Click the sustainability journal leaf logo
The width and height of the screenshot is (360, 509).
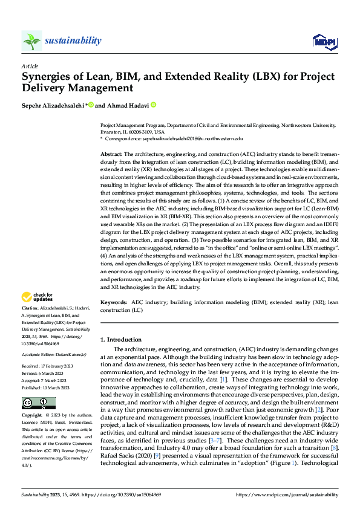[31, 41]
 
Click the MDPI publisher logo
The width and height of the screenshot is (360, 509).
[323, 41]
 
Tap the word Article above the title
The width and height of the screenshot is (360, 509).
[29, 66]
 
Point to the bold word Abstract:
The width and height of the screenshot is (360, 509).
[111, 155]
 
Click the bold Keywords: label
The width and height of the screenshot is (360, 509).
[114, 301]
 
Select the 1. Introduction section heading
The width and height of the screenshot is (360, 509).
[121, 340]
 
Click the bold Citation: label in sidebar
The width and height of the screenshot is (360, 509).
[30, 308]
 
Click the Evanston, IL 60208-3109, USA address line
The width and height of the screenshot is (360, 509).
[132, 131]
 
